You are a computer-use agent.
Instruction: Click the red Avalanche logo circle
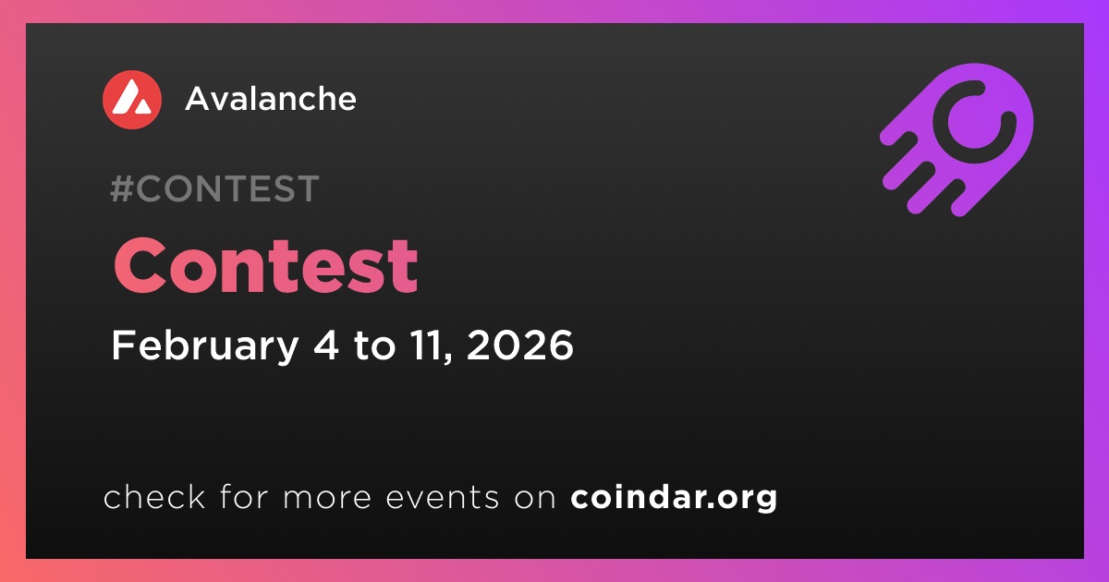click(x=132, y=100)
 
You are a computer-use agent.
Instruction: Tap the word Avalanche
click(x=271, y=99)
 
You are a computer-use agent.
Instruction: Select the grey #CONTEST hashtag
click(x=214, y=188)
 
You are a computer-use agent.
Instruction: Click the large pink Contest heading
click(x=266, y=265)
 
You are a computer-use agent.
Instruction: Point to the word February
click(x=205, y=346)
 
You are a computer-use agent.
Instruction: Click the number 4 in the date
click(x=326, y=345)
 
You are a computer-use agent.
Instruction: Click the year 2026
click(x=519, y=345)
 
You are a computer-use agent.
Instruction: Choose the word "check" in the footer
click(x=154, y=496)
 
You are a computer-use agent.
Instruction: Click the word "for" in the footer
click(x=244, y=496)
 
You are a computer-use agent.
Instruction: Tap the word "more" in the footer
click(x=327, y=498)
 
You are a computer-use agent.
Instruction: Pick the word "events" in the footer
click(x=443, y=497)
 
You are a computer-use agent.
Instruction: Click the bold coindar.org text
click(x=674, y=497)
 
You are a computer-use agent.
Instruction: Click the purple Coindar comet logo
click(x=957, y=139)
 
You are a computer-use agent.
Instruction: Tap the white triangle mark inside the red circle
click(x=131, y=97)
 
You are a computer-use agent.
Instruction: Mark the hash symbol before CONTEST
click(x=121, y=188)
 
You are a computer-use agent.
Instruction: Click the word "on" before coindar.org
click(x=535, y=498)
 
